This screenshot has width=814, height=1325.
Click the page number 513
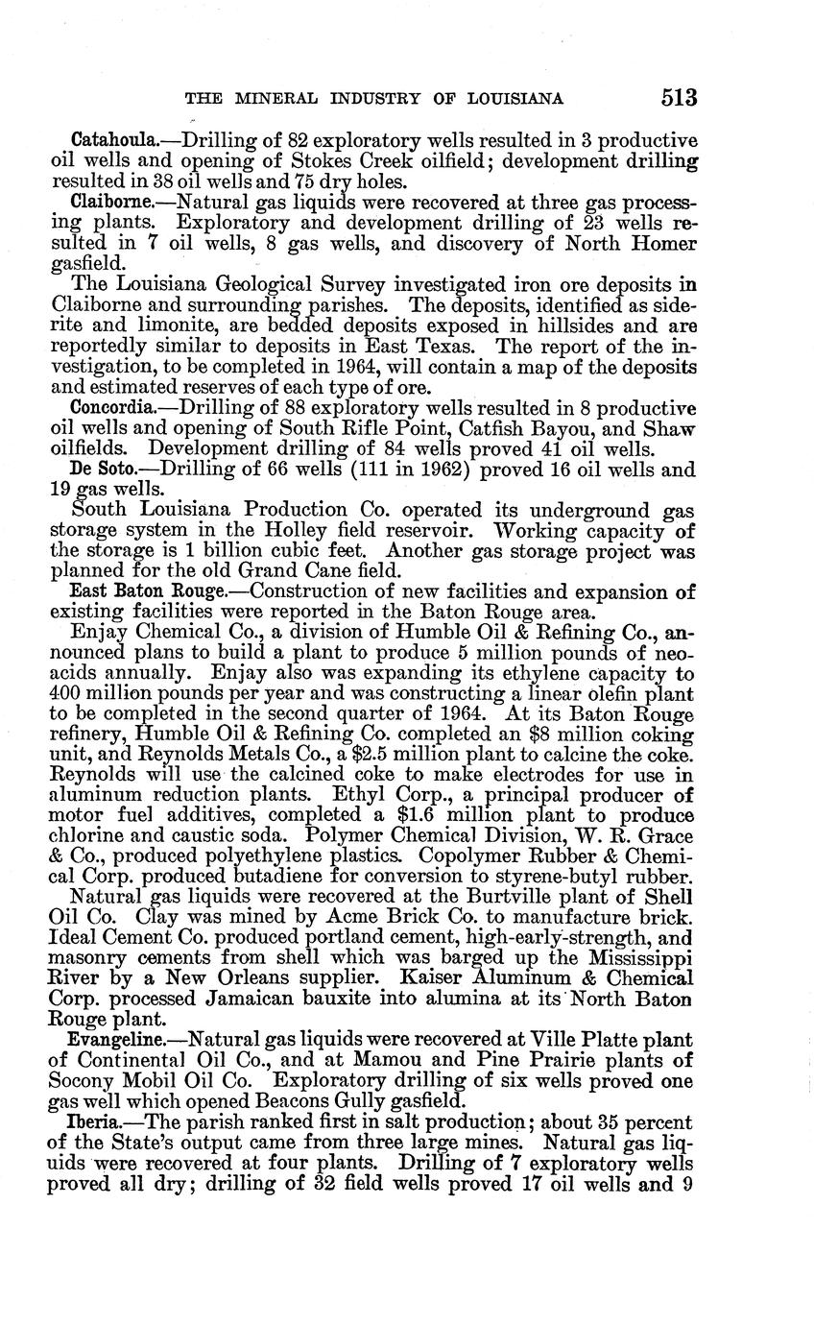pyautogui.click(x=678, y=98)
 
